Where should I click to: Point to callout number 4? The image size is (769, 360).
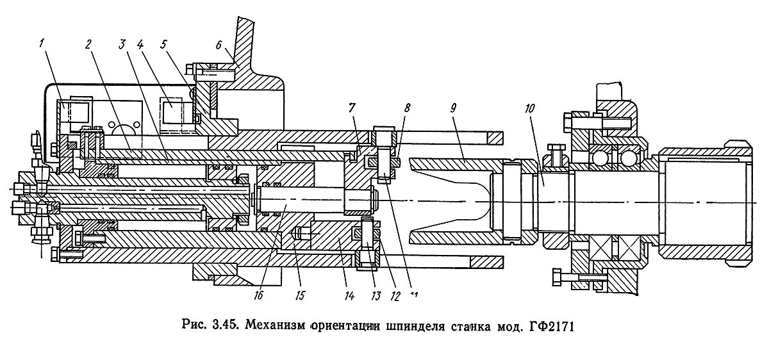(141, 44)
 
